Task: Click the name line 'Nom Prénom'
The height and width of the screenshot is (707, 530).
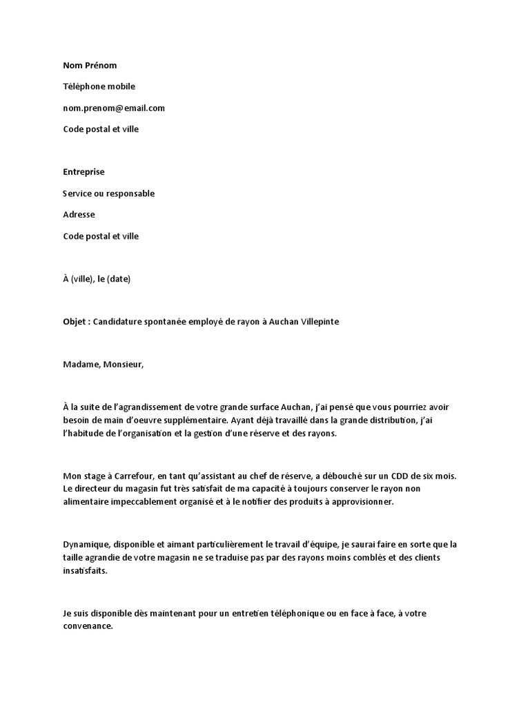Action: [x=90, y=66]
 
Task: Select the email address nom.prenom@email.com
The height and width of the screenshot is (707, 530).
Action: [x=114, y=108]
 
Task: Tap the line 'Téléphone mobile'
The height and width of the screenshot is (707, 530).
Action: [x=99, y=87]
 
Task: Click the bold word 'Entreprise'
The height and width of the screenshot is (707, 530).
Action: [x=84, y=172]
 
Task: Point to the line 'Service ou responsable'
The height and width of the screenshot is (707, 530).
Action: [x=108, y=193]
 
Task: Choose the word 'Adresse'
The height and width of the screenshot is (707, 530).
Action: [x=79, y=215]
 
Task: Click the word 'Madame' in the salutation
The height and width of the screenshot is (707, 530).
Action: [x=80, y=365]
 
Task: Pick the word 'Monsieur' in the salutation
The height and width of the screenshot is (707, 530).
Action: [x=124, y=365]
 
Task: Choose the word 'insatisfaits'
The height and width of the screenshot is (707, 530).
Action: [x=85, y=571]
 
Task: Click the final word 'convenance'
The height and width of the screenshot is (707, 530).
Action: [x=87, y=627]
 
